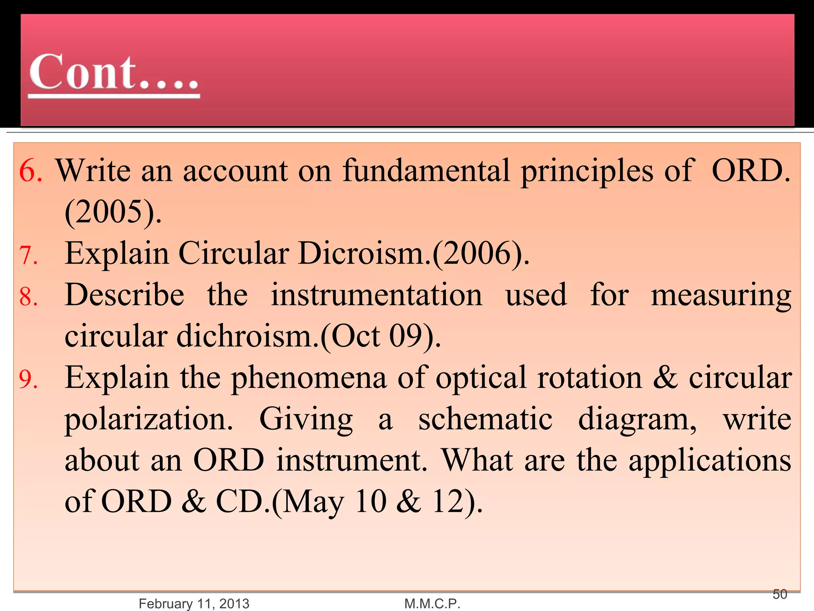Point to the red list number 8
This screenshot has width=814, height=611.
[x=29, y=297]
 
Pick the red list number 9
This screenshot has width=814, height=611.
[x=29, y=379]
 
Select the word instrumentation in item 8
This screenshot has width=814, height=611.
[x=376, y=295]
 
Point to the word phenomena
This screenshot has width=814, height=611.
[x=309, y=378]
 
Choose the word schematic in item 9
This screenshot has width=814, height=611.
[x=485, y=419]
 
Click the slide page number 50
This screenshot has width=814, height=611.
[x=780, y=594]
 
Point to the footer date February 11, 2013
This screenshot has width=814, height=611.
[x=194, y=603]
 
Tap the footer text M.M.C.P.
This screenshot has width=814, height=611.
[x=432, y=603]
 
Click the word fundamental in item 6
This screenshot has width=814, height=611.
[x=426, y=170]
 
